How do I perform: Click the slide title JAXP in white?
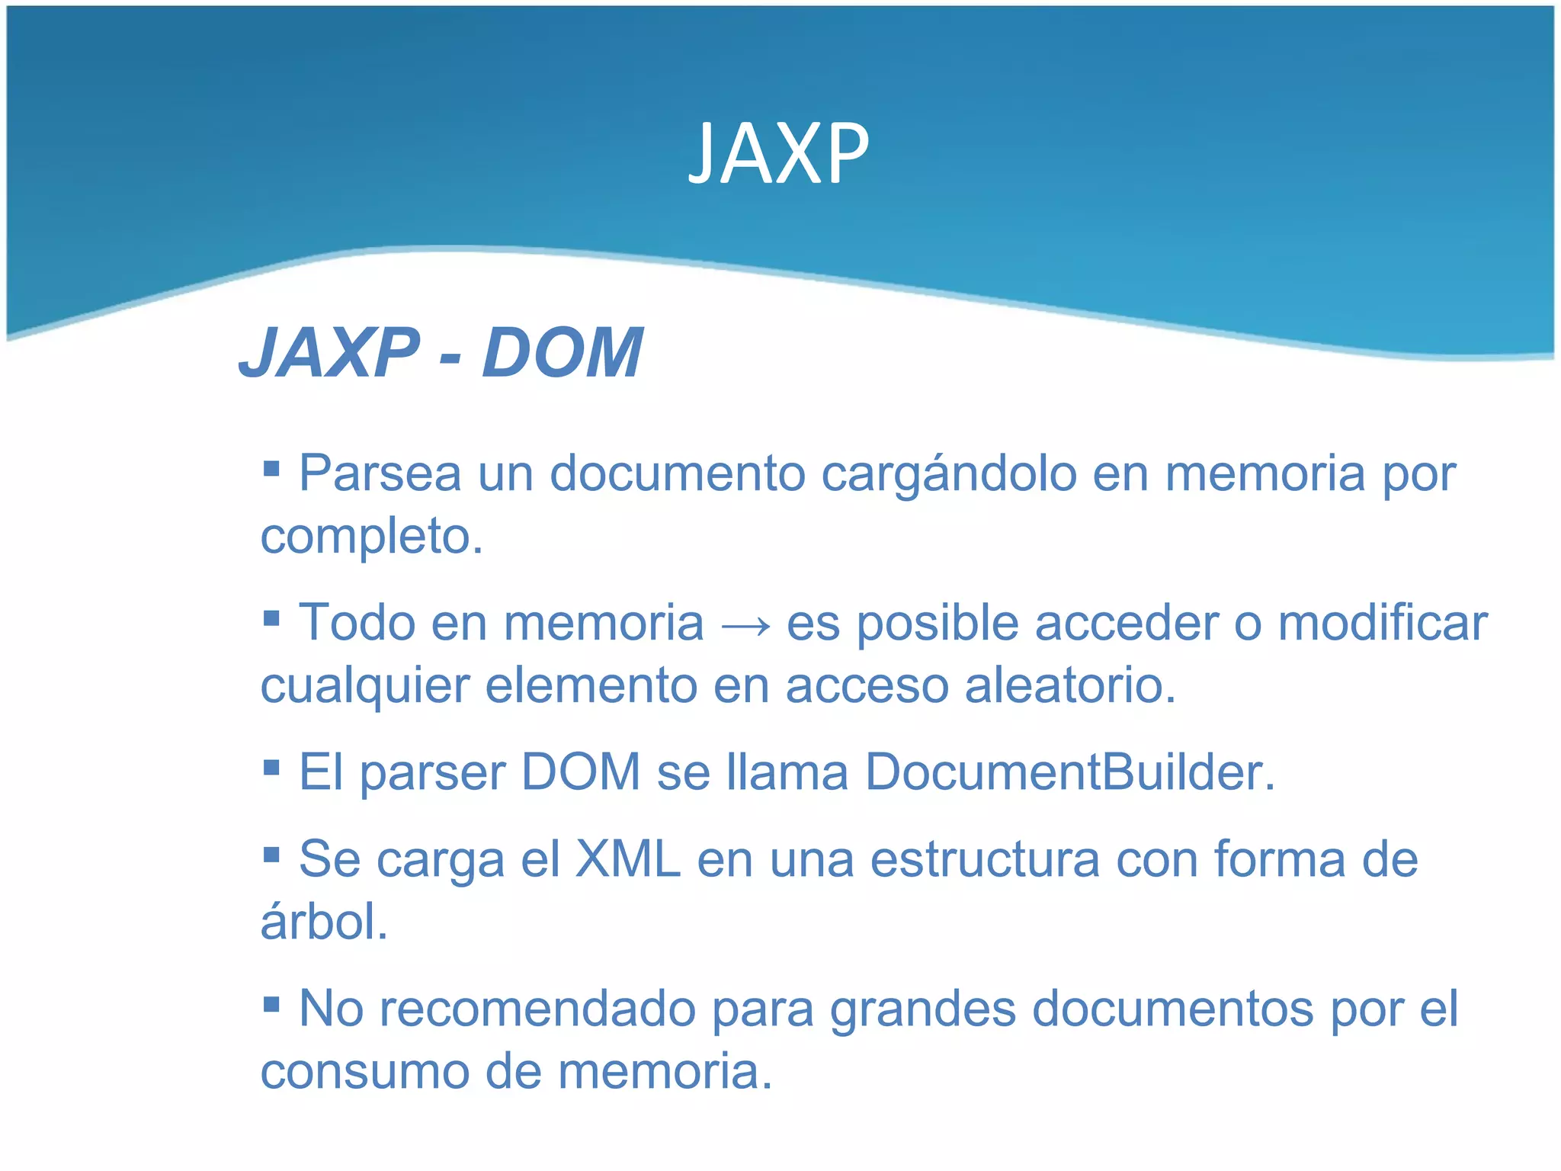click(778, 155)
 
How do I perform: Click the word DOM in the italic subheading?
click(563, 352)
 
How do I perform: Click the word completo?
click(372, 537)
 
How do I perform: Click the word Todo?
click(356, 623)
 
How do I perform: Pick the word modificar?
click(1382, 623)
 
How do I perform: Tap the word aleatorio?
click(1070, 685)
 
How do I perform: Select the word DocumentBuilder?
click(1069, 772)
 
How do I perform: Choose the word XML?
click(627, 859)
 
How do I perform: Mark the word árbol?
click(325, 921)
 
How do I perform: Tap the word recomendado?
click(537, 1009)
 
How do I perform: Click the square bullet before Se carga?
click(271, 854)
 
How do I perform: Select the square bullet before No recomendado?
click(271, 1003)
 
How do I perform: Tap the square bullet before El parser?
click(271, 767)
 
